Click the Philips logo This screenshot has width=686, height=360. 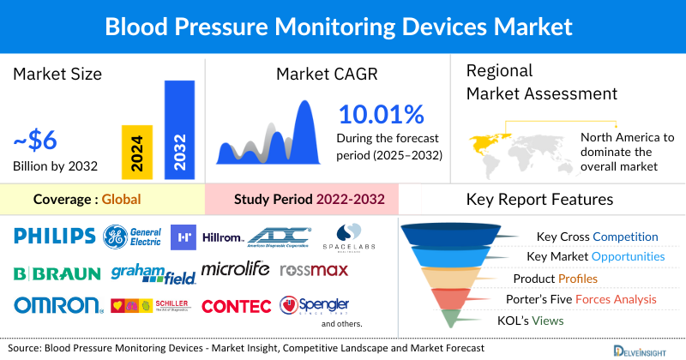click(x=54, y=236)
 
